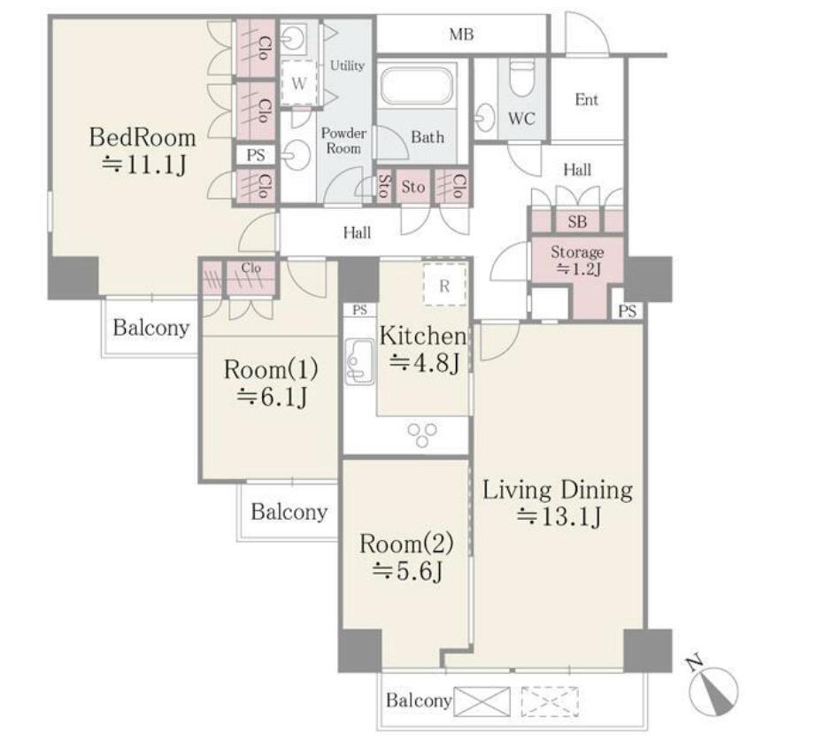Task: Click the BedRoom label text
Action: click(x=143, y=137)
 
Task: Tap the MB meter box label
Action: click(x=461, y=35)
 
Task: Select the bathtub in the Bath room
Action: click(x=416, y=85)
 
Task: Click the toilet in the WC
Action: click(x=522, y=77)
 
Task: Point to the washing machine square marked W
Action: click(x=299, y=83)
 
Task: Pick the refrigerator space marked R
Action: click(x=444, y=285)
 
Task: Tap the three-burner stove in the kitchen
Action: click(x=422, y=435)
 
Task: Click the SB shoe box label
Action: click(x=577, y=221)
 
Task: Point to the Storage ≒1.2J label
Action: click(x=577, y=260)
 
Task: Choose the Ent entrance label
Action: click(x=587, y=99)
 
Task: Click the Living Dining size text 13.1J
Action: click(x=559, y=517)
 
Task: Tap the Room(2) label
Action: click(x=406, y=543)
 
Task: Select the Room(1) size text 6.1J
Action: click(x=272, y=397)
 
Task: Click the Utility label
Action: click(x=347, y=66)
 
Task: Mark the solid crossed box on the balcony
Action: click(x=482, y=701)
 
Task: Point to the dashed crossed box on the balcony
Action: click(x=550, y=701)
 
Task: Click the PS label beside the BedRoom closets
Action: click(x=256, y=156)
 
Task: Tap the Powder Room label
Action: click(x=343, y=141)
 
